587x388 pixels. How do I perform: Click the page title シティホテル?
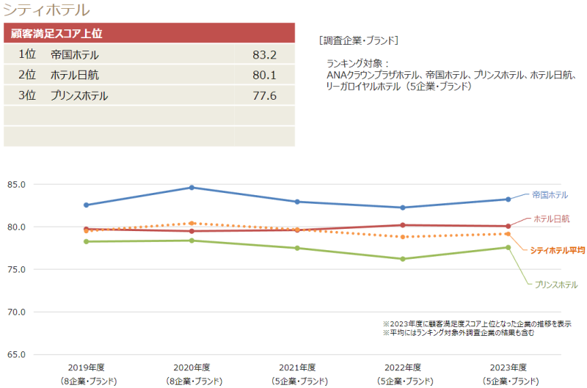47,10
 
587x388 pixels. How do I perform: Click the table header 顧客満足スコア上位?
56,34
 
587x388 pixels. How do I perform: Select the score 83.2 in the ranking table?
263,55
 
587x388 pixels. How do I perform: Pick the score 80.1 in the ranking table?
263,75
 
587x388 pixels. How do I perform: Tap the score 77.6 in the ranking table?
263,95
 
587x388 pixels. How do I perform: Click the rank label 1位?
27,55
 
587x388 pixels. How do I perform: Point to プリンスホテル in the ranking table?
79,95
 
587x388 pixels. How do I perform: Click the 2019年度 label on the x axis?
87,367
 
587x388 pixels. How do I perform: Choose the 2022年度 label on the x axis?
404,367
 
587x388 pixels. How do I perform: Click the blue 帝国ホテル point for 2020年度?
192,188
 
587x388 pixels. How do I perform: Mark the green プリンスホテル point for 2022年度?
403,259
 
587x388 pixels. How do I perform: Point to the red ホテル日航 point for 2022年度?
403,225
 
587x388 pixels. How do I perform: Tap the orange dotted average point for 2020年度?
192,223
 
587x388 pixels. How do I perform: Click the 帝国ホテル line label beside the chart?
550,195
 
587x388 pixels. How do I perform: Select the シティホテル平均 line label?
557,250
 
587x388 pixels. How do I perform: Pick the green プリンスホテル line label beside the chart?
556,285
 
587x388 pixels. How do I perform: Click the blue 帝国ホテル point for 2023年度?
508,200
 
